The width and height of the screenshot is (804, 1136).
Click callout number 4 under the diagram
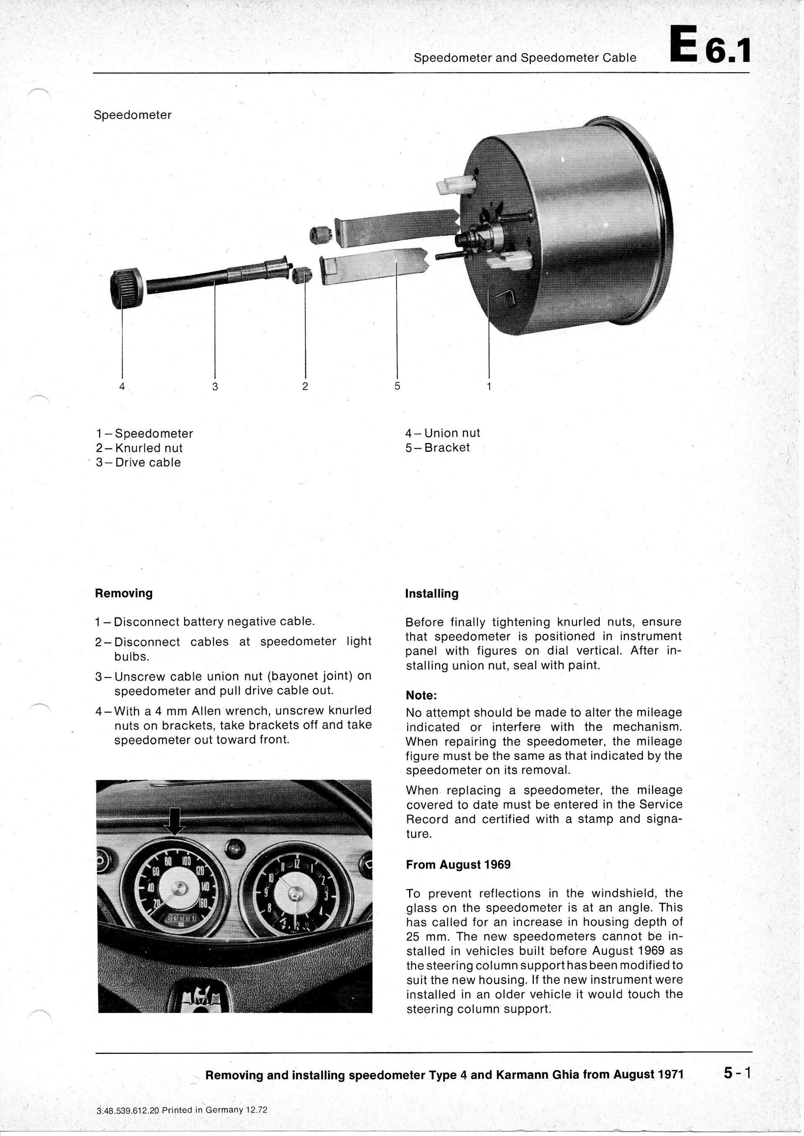(122, 387)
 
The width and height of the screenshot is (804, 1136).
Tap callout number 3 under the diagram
(215, 387)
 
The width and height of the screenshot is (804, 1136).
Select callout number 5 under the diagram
(397, 386)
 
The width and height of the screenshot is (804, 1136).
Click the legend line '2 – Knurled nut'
(139, 448)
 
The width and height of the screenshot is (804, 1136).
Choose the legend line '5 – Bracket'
(438, 448)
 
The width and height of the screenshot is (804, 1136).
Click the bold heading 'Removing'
(123, 593)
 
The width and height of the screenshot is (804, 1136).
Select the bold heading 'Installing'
(432, 594)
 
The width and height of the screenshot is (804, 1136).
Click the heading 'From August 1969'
(458, 865)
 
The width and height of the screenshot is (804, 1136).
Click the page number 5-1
(737, 1060)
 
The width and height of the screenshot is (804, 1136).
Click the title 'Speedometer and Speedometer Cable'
(525, 58)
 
